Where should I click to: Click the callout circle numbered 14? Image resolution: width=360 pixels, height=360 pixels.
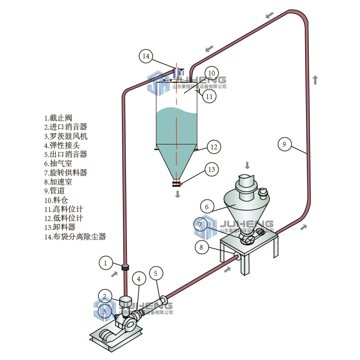[x=146, y=56]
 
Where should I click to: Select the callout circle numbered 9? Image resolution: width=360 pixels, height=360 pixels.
[x=284, y=144]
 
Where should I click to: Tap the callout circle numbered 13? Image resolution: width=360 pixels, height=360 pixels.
[x=211, y=169]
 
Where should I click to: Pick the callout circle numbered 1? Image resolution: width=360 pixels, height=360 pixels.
[x=106, y=262]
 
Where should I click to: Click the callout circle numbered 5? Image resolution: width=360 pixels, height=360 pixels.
[x=156, y=273]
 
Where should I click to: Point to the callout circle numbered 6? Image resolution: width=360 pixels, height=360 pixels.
[x=207, y=207]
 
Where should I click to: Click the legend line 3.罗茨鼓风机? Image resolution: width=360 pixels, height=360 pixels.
[x=66, y=136]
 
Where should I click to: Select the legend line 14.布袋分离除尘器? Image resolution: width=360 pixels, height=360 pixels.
[x=75, y=237]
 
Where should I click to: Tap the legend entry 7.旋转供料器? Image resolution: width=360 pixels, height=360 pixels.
[x=66, y=173]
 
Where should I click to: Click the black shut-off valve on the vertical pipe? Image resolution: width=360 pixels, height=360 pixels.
[x=126, y=267]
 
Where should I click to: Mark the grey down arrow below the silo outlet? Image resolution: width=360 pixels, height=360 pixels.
[x=178, y=194]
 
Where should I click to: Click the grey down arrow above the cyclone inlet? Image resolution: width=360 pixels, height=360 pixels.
[x=247, y=164]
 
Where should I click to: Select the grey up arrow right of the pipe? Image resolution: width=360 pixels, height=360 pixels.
[x=315, y=80]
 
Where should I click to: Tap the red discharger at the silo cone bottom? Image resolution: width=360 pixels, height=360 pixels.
[x=177, y=183]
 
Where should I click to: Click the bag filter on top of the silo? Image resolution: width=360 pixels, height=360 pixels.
[x=178, y=72]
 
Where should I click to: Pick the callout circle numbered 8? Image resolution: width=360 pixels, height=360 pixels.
[x=202, y=247]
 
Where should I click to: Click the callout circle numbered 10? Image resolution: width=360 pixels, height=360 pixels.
[x=211, y=73]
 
